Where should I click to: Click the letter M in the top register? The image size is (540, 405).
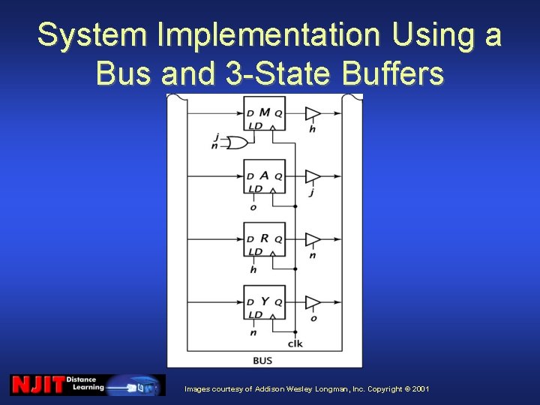pos(265,112)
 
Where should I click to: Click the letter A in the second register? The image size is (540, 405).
pos(265,175)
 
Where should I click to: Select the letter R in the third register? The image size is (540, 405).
pos(265,238)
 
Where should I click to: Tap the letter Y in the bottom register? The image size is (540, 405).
pos(265,301)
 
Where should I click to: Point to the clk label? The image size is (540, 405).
pos(295,344)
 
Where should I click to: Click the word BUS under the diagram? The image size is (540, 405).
pos(262,361)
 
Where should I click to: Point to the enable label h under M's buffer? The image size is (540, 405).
pos(312,129)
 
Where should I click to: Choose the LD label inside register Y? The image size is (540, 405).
pos(255,314)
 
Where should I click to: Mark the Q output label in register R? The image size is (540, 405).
pos(279,240)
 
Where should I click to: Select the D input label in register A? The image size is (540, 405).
pos(250,177)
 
